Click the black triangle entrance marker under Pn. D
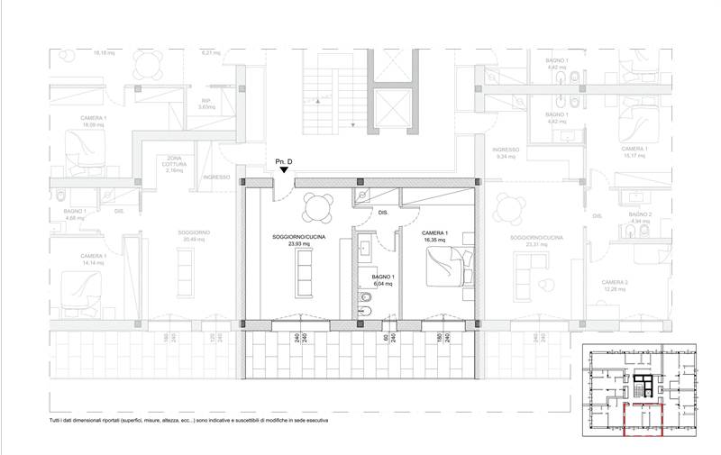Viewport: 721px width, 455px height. click(284, 169)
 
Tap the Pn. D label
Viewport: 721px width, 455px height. click(284, 159)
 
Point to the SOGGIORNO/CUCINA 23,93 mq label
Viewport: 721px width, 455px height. click(292, 241)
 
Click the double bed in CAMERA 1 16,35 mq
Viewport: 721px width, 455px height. click(447, 262)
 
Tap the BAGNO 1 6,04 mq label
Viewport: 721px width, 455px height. click(384, 279)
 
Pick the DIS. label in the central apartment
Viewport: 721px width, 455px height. click(382, 214)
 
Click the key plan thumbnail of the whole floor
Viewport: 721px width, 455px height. click(641, 391)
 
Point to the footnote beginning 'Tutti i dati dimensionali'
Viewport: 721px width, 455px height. click(189, 421)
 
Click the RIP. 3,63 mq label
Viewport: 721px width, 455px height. click(205, 104)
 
